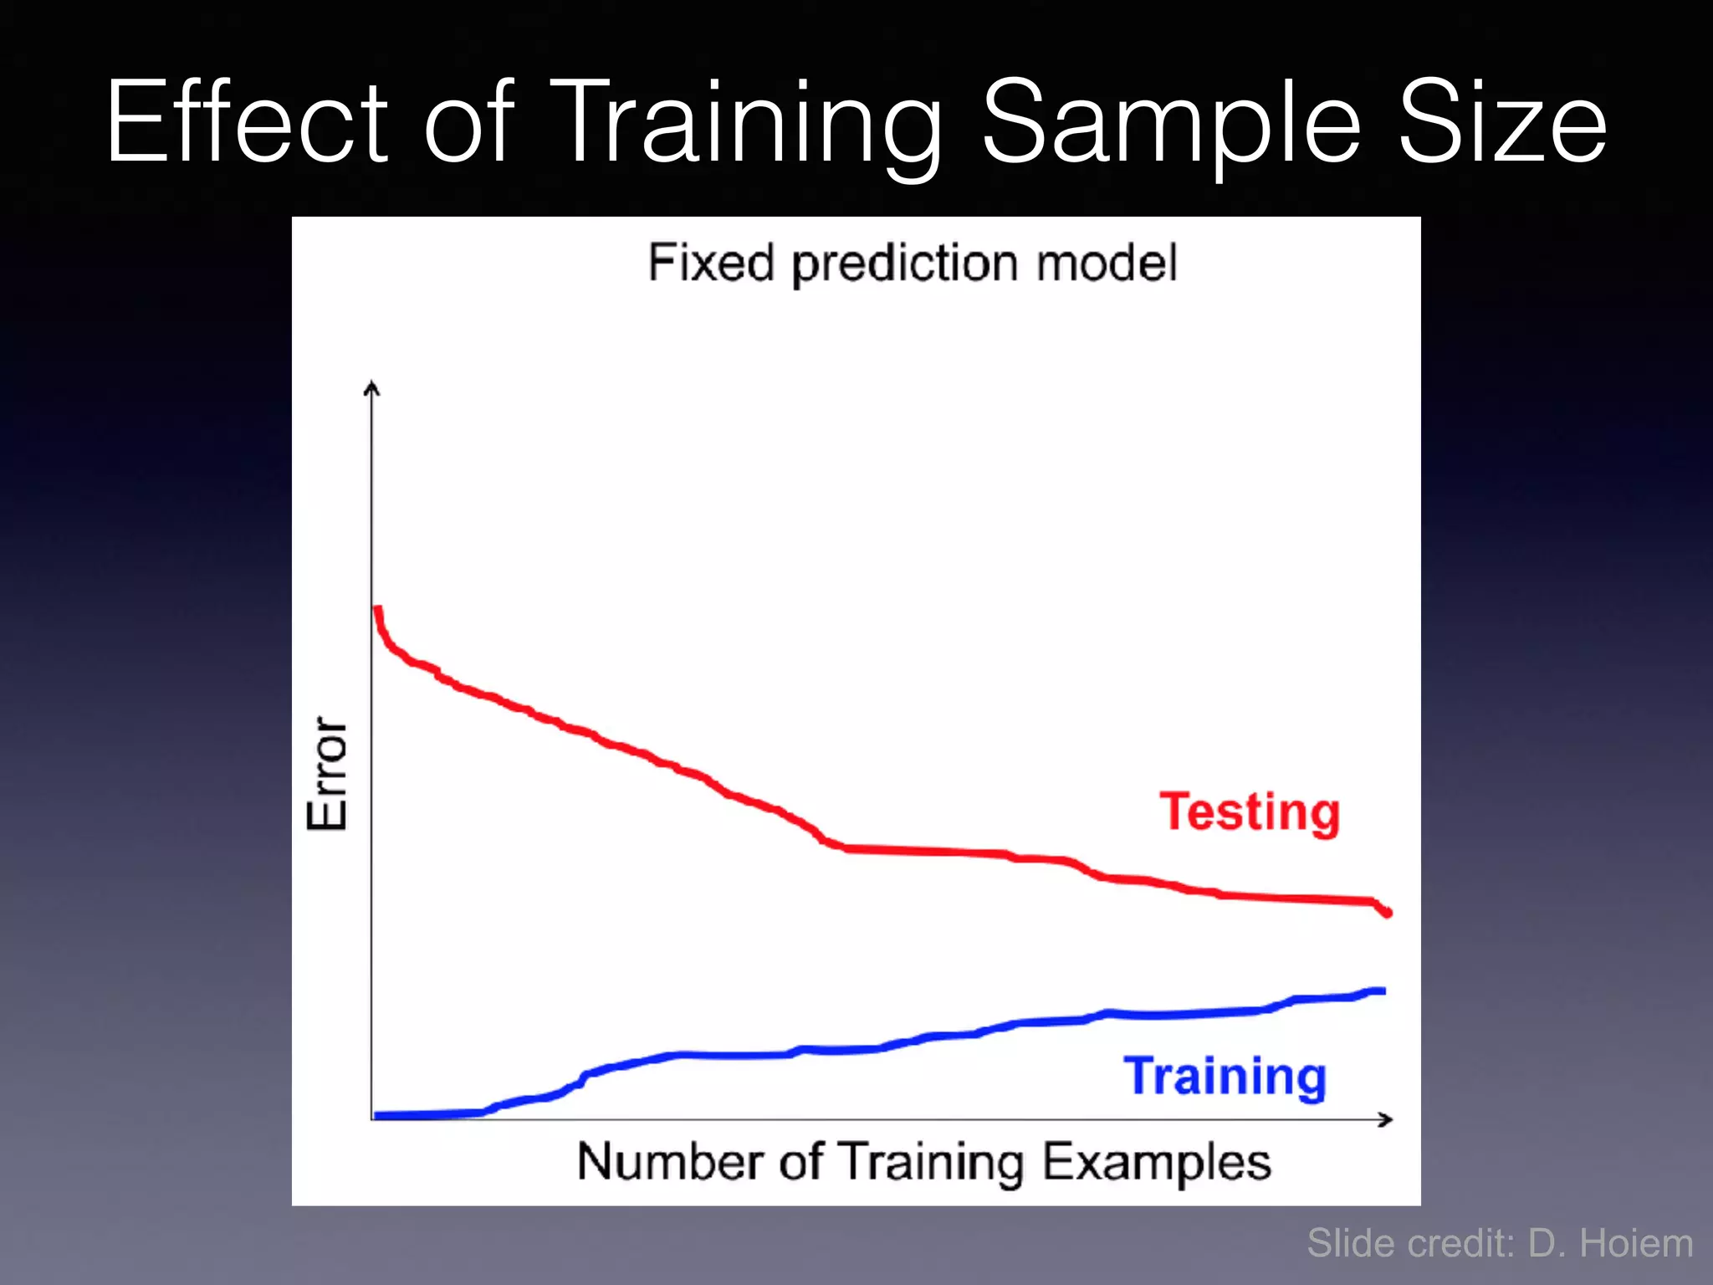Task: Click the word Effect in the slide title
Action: (247, 122)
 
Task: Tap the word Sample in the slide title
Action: (1171, 122)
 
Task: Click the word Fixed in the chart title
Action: (710, 263)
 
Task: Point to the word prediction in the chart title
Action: (903, 264)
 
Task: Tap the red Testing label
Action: (1250, 812)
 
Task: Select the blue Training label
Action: (1225, 1077)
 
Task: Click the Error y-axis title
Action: (327, 773)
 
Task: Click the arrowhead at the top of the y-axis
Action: (372, 387)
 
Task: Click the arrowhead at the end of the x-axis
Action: (1386, 1119)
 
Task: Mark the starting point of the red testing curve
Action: (377, 609)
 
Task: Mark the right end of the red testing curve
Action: (1388, 913)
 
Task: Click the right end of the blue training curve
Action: (1383, 991)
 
